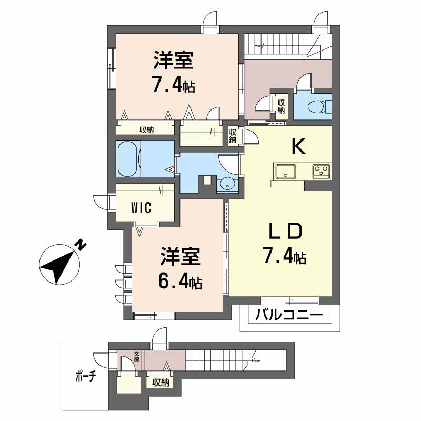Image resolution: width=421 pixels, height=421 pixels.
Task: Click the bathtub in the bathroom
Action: [129, 159]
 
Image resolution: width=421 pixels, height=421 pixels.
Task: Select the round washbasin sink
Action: [227, 183]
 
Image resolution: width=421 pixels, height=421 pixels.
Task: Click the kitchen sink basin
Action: [285, 171]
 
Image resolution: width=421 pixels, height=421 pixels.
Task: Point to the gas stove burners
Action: [322, 171]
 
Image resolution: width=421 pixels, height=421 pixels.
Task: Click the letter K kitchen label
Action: [298, 147]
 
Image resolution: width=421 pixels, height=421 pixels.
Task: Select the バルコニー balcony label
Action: [289, 316]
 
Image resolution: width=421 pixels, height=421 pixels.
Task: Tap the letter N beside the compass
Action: [80, 245]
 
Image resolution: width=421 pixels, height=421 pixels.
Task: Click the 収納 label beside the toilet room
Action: [281, 106]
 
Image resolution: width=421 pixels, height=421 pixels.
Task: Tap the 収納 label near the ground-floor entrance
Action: [161, 383]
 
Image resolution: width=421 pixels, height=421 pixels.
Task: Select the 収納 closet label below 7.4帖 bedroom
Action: [147, 130]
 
